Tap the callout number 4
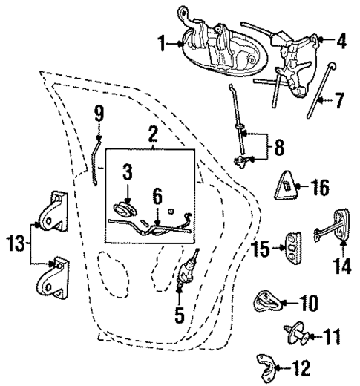341,42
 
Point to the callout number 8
278,145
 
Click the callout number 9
99,114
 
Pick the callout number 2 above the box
152,134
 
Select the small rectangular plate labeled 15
294,248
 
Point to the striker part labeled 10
264,303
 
